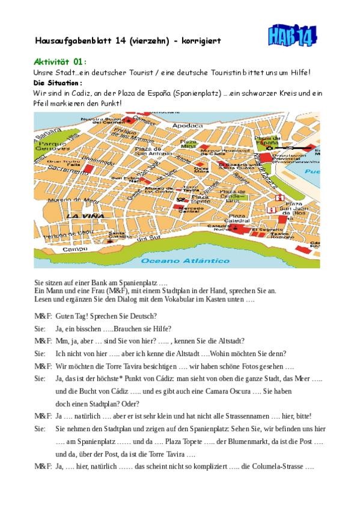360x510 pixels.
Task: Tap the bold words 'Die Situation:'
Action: tap(58, 82)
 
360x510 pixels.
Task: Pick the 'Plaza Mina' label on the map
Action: tap(188, 144)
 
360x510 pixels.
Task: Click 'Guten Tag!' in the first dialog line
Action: tap(72, 316)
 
